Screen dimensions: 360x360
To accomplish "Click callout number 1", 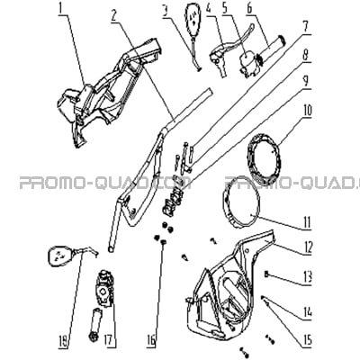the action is pos(62,7).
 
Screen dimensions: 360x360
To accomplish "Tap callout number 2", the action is pos(113,14).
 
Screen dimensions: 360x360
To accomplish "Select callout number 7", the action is pos(305,27).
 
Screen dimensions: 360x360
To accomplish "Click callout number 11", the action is pos(306,222).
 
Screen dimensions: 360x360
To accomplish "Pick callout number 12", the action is pos(306,247).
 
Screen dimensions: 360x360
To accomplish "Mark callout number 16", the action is pos(152,340).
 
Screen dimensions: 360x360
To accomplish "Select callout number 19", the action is pos(64,340).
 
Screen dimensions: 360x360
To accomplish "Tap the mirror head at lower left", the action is pos(59,256).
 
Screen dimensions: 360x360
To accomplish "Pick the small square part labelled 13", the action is pos(266,274).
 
